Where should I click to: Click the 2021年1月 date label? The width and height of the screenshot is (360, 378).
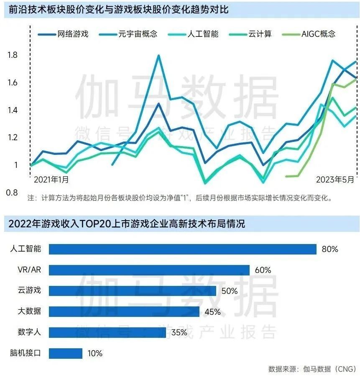51,180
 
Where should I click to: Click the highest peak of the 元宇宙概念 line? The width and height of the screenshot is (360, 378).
158,55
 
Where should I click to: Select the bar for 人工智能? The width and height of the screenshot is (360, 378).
182,249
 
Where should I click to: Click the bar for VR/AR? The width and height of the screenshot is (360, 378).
149,270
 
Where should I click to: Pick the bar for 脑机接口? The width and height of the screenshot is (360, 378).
65,353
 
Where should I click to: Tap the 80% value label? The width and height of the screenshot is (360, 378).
329,249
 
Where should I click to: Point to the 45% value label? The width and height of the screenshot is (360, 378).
212,312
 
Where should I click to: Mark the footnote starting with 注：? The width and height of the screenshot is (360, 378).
180,198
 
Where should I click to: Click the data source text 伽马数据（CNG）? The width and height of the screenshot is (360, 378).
330,369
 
